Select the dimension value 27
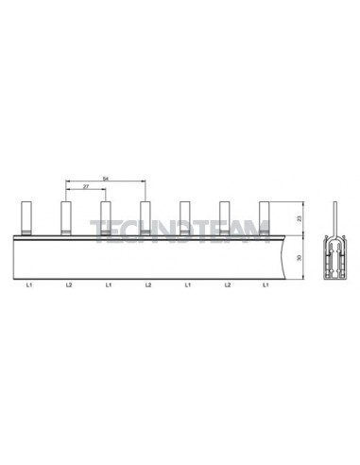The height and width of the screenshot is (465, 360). click(x=87, y=188)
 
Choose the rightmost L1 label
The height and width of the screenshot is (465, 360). click(x=266, y=284)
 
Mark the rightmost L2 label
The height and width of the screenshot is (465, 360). click(x=227, y=284)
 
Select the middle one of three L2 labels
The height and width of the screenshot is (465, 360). click(x=148, y=284)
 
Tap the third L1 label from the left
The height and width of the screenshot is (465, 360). click(x=187, y=284)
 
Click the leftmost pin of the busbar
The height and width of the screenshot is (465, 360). click(x=27, y=216)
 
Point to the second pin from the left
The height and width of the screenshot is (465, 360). click(x=67, y=216)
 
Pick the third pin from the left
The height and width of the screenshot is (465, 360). click(x=107, y=216)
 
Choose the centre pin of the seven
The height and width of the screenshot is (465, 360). click(x=146, y=216)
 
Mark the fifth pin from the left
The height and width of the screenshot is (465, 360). click(x=186, y=216)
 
